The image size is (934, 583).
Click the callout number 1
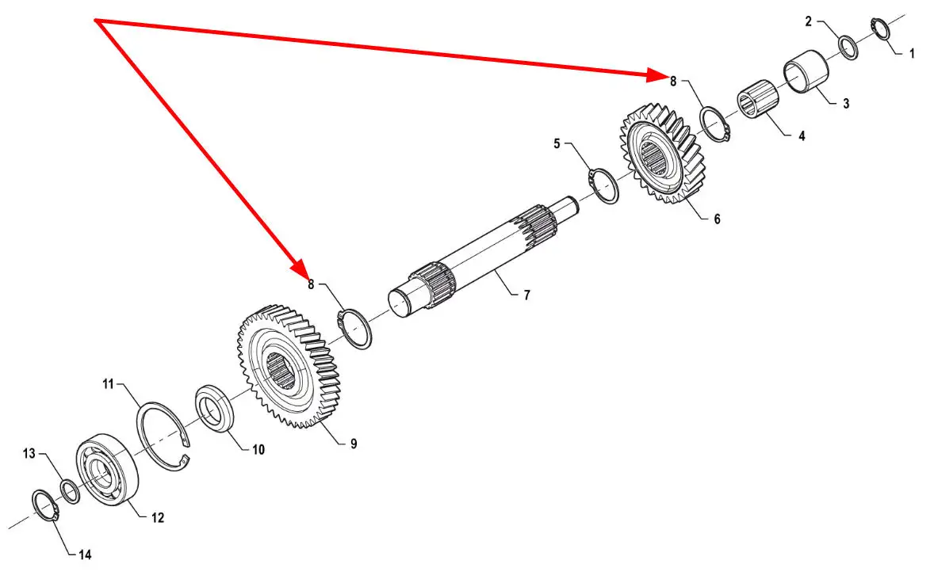[911, 54]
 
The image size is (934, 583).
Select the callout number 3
[846, 104]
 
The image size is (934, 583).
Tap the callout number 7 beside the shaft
[526, 295]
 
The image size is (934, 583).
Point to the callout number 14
[85, 554]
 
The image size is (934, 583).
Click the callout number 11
[109, 385]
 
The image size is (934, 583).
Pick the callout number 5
[557, 144]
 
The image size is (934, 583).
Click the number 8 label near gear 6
[673, 81]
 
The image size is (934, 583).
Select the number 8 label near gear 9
[312, 284]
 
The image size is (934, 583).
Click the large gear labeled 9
[289, 367]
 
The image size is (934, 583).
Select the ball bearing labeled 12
[107, 469]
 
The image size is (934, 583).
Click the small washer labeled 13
[70, 492]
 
